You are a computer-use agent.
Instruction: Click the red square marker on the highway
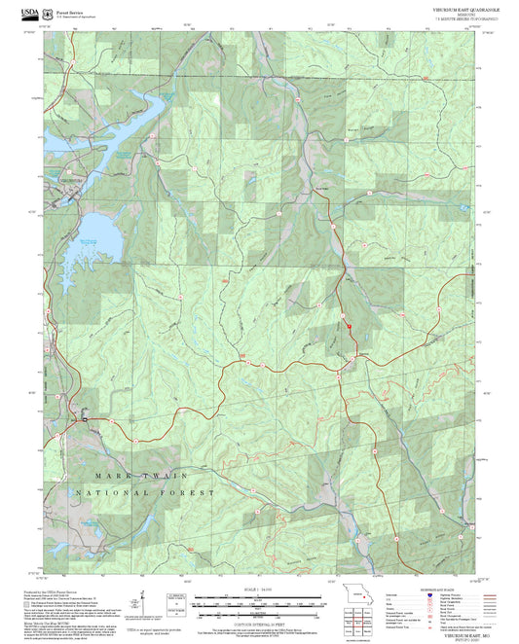(x=349, y=327)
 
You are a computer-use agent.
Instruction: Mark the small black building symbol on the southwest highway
(x=86, y=418)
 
